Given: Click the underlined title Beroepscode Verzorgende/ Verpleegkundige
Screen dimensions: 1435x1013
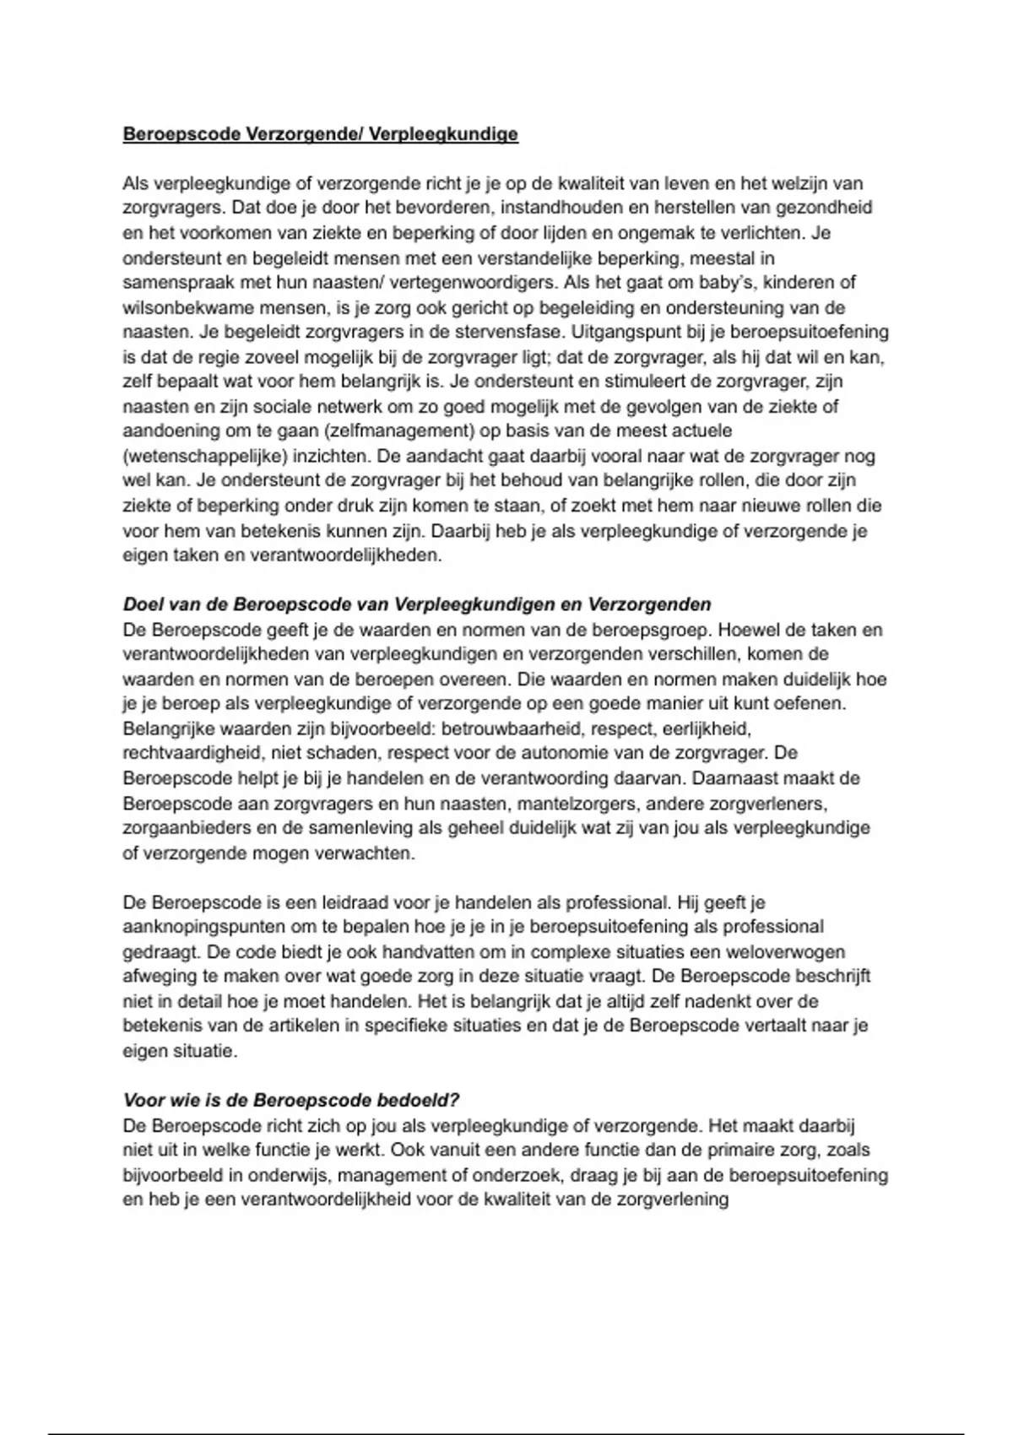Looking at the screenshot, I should tap(320, 134).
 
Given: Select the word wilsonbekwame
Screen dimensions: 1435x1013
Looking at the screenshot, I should tap(177, 307).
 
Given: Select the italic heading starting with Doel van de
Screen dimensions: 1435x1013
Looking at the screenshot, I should tap(417, 604).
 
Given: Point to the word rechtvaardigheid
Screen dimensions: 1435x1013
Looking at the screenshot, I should tap(191, 752).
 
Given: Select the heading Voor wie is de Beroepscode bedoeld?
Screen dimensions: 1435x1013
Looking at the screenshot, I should tap(291, 1101).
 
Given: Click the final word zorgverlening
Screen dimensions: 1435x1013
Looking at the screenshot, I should tap(673, 1199).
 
